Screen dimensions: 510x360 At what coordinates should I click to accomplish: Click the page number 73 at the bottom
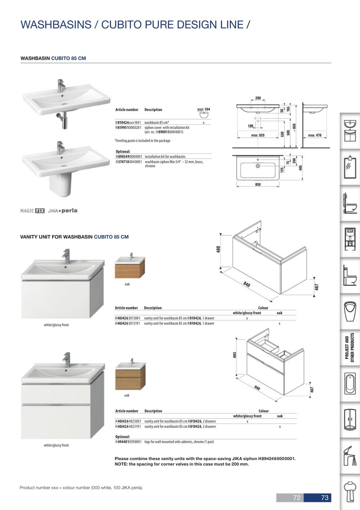click(x=324, y=498)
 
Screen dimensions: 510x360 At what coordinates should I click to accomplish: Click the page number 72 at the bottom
click(x=297, y=498)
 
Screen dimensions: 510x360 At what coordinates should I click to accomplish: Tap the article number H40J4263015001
click(x=128, y=318)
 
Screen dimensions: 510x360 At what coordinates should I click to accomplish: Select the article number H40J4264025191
click(x=128, y=427)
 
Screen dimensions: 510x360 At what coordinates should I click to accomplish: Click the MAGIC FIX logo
click(x=32, y=211)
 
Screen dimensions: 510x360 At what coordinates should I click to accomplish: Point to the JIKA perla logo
click(x=63, y=211)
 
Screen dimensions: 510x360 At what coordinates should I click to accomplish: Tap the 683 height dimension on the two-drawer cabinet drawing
click(x=235, y=354)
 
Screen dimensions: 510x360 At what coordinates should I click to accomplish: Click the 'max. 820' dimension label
click(x=258, y=136)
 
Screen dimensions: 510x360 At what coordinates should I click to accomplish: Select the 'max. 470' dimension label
click(x=315, y=136)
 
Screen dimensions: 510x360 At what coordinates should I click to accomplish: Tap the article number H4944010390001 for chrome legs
click(x=128, y=442)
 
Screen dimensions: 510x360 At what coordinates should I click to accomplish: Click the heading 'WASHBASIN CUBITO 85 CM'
click(x=53, y=58)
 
